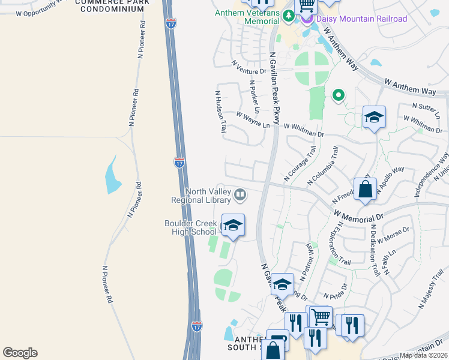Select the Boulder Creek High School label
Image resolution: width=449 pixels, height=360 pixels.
click(190, 228)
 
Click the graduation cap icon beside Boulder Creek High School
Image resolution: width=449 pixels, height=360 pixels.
click(233, 226)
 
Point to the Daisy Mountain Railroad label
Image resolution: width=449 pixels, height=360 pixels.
click(362, 19)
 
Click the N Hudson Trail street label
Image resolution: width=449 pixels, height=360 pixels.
click(220, 112)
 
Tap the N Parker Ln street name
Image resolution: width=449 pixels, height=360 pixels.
click(254, 97)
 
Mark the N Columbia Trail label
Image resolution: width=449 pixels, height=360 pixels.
click(323, 166)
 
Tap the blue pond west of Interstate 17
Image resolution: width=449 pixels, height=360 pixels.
click(113, 175)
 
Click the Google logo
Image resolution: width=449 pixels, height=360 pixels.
click(20, 353)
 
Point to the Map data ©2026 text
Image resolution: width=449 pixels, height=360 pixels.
click(424, 355)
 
